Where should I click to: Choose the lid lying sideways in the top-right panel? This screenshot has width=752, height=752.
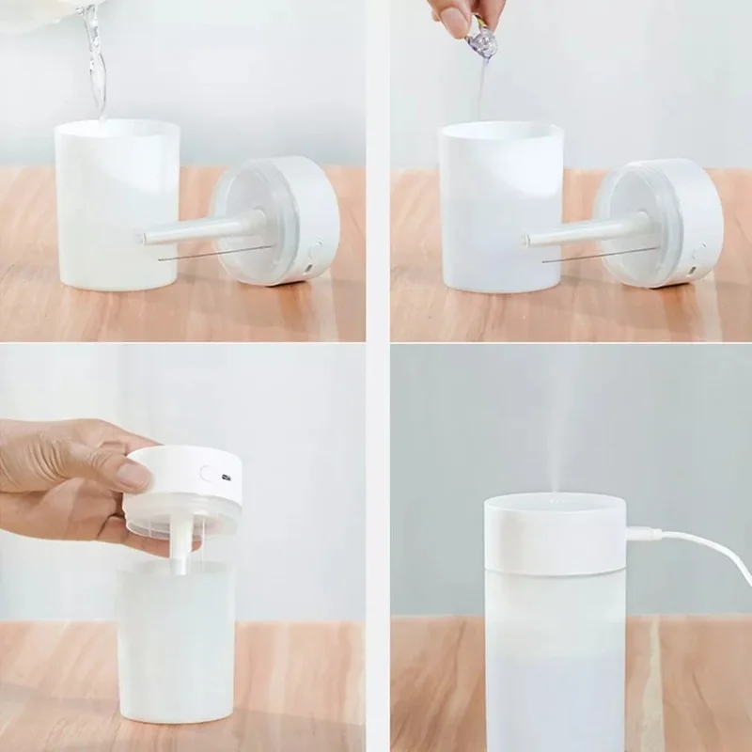tap(663, 221)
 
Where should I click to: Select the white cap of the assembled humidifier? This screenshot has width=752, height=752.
tap(555, 536)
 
